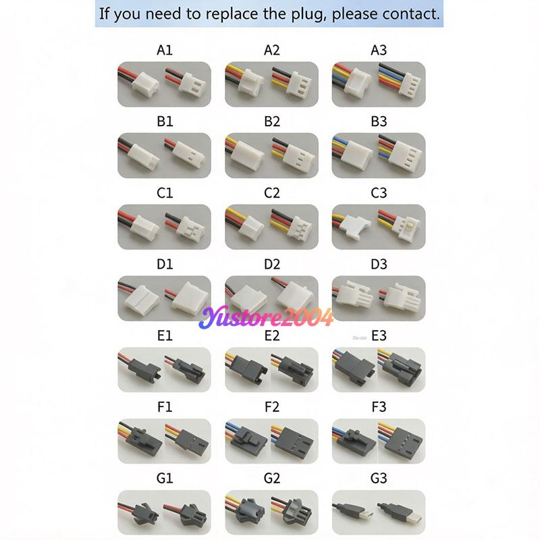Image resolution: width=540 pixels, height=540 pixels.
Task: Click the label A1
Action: pyautogui.click(x=165, y=50)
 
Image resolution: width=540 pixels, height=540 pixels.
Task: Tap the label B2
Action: pyautogui.click(x=272, y=122)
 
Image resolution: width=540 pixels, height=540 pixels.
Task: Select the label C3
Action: pyautogui.click(x=379, y=193)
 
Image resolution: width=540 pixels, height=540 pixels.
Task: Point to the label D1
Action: pyautogui.click(x=165, y=265)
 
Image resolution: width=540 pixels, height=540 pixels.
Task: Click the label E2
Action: pyautogui.click(x=272, y=335)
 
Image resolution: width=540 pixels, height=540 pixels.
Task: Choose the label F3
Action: pyautogui.click(x=379, y=407)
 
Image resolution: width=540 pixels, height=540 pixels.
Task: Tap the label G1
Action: pyautogui.click(x=165, y=479)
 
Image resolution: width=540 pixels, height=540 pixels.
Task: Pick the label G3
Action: pyautogui.click(x=379, y=479)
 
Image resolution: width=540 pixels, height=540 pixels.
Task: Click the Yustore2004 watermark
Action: pyautogui.click(x=266, y=317)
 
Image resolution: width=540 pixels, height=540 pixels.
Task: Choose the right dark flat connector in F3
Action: pyautogui.click(x=404, y=442)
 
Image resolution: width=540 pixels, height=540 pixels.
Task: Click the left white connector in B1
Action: pyautogui.click(x=144, y=157)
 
